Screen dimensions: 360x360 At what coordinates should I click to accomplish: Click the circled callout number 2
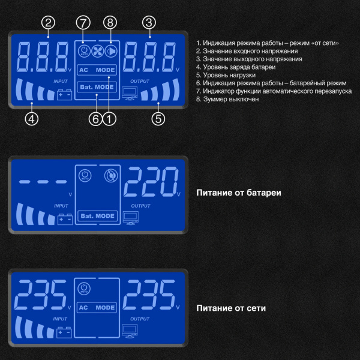point(48,23)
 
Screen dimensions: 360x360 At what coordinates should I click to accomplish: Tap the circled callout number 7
point(83,23)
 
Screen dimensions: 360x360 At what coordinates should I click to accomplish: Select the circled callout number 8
point(110,23)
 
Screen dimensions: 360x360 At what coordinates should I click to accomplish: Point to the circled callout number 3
point(149,23)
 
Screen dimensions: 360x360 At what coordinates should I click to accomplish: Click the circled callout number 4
point(32,119)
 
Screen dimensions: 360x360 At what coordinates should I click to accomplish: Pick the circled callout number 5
point(158,119)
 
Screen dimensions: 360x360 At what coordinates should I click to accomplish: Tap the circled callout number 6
point(95,119)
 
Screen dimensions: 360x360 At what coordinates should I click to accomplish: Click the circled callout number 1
point(109,119)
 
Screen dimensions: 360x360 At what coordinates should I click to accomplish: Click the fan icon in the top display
point(98,51)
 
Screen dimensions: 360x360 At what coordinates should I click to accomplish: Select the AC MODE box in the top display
point(97,70)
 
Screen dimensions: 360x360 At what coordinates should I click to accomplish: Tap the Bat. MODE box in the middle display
point(98,216)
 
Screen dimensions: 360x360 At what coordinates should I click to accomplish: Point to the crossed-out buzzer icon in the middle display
point(111,176)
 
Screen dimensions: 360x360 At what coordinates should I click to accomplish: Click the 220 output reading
point(151,182)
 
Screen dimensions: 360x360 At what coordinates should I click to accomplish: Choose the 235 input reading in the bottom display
point(40,295)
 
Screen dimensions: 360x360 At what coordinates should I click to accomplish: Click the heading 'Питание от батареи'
point(239,193)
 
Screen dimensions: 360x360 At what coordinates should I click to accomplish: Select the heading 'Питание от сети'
point(231,308)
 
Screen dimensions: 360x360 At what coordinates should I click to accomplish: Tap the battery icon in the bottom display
point(64,332)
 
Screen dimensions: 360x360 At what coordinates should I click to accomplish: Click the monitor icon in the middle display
point(131,218)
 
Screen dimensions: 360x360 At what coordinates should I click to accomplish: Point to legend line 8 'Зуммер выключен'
point(227,99)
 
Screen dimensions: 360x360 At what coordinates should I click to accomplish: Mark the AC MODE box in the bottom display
point(97,307)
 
